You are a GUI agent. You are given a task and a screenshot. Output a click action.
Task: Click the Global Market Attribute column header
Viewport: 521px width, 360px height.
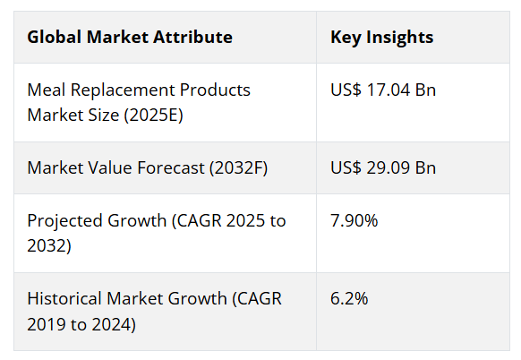pos(130,37)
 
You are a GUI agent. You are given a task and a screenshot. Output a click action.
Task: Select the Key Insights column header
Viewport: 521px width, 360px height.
pos(381,38)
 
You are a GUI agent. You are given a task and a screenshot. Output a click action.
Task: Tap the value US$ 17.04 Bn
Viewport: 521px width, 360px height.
pos(383,90)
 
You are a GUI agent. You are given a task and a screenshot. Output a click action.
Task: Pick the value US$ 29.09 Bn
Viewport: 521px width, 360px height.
pos(383,167)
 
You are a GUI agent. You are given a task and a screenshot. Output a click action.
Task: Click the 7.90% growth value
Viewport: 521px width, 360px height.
pos(354,220)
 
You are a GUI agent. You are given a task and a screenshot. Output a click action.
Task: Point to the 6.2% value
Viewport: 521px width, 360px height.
pos(349,298)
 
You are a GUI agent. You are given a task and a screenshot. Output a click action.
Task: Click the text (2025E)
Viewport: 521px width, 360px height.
pos(153,116)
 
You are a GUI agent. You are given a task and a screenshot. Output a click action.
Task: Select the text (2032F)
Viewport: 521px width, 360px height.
pos(238,167)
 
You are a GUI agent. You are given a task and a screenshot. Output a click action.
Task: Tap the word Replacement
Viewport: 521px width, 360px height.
pos(123,90)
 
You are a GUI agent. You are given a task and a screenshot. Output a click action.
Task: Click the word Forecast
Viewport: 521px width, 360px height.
pos(171,167)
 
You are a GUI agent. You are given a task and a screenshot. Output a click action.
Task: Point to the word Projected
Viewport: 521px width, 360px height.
pos(64,221)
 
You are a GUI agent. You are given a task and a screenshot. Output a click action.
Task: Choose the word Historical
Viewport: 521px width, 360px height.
pos(64,298)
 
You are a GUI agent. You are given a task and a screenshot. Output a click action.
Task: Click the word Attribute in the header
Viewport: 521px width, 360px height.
pos(192,37)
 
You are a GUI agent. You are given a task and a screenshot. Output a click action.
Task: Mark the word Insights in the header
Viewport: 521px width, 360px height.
pos(400,38)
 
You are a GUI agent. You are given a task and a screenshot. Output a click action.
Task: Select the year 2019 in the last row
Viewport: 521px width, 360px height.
pos(47,324)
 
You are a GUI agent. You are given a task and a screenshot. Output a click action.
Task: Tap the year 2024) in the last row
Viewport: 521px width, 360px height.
pos(114,325)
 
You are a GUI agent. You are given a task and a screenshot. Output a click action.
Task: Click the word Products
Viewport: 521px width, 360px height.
pos(215,90)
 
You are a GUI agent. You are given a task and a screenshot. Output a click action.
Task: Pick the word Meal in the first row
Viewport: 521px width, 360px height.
pos(47,90)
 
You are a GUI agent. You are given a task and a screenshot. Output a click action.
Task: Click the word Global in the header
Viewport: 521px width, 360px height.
pos(55,37)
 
